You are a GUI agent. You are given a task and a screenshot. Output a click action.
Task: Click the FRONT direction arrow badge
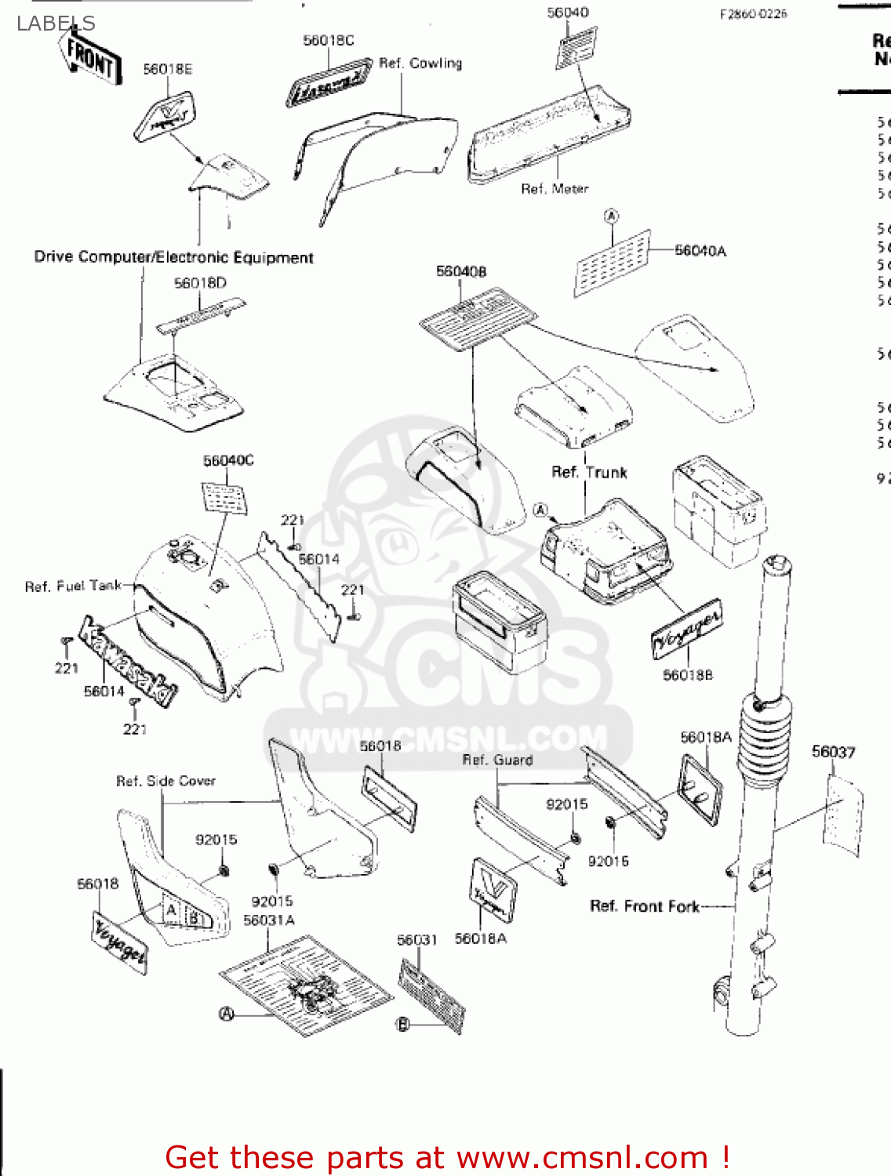[90, 56]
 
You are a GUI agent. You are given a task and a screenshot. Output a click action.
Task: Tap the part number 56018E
[167, 70]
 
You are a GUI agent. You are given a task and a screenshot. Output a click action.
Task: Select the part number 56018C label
[328, 41]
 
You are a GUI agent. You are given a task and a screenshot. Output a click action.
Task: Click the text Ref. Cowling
[420, 64]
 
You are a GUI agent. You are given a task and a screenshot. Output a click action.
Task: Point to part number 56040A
[700, 251]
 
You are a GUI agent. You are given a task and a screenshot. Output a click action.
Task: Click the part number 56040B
[461, 271]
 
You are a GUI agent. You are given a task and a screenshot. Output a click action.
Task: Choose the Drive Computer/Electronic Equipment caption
[173, 257]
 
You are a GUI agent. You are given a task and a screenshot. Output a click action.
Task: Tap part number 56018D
[200, 283]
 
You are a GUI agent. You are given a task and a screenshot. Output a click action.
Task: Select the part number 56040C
[228, 460]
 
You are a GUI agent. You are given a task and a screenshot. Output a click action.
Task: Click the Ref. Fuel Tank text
[73, 586]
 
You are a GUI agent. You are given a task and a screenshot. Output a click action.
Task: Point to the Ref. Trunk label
[589, 472]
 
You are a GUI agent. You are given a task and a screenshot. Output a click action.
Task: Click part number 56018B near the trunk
[688, 675]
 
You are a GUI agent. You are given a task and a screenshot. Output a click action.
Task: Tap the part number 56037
[833, 753]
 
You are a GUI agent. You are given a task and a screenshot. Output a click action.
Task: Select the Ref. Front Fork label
[644, 906]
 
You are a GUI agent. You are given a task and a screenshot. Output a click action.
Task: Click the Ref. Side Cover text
[165, 781]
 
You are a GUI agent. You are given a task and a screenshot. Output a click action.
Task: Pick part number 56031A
[269, 920]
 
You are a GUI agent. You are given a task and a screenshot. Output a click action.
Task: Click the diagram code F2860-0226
[753, 14]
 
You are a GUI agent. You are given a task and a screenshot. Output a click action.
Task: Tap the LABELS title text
[56, 24]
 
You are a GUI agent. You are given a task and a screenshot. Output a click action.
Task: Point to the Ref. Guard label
[497, 760]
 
